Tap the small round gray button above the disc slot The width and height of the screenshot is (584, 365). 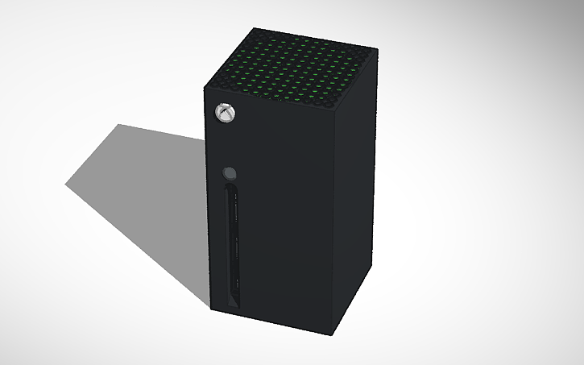click(x=230, y=172)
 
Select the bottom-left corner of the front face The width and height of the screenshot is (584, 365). click(x=211, y=307)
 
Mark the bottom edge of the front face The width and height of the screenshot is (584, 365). click(x=269, y=321)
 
